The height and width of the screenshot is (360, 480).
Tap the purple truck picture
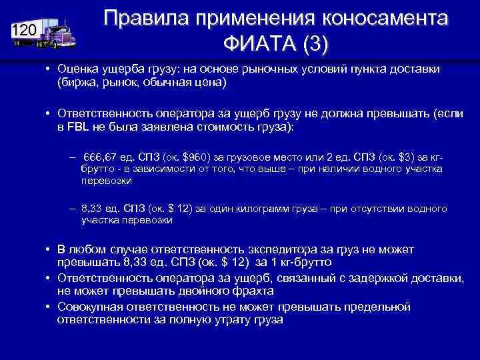pyautogui.click(x=57, y=31)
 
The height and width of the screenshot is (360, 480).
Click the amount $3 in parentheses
pyautogui.click(x=401, y=156)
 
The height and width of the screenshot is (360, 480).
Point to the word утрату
pyautogui.click(x=230, y=319)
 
